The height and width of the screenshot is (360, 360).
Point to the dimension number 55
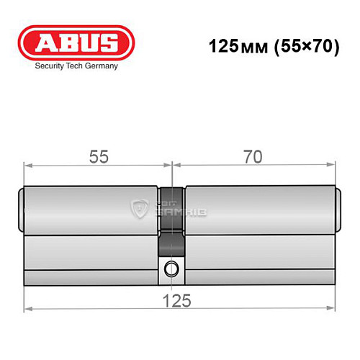(x=99, y=154)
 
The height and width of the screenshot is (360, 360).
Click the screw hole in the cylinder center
(x=171, y=270)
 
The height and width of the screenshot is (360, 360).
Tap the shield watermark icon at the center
(x=139, y=210)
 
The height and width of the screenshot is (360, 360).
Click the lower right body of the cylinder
(x=259, y=259)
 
